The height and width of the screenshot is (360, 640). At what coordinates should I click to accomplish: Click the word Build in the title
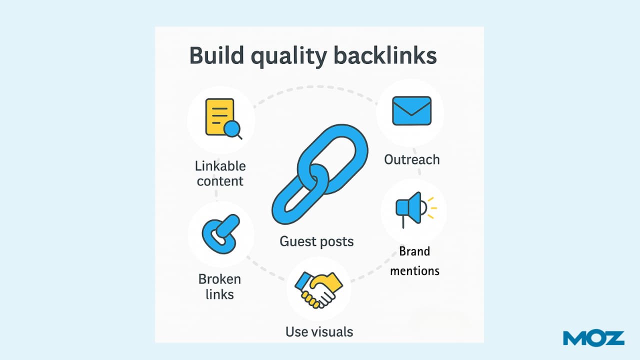216,56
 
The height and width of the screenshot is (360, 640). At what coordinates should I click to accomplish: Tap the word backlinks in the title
385,56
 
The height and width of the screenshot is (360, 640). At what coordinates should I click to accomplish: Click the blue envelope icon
411,110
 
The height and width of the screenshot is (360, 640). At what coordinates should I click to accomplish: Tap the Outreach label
412,159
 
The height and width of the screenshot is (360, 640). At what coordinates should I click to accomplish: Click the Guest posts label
316,241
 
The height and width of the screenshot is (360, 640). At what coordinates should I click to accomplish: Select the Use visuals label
319,331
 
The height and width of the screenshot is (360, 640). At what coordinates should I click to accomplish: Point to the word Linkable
220,165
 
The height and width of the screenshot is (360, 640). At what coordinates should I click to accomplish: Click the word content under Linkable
220,180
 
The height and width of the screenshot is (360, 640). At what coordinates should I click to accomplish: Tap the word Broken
219,279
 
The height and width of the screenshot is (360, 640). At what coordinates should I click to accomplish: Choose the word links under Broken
219,294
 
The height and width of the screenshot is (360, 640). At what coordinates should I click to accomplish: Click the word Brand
414,251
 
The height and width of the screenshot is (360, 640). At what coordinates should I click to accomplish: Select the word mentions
414,270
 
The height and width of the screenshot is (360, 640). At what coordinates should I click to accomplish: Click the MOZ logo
593,338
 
